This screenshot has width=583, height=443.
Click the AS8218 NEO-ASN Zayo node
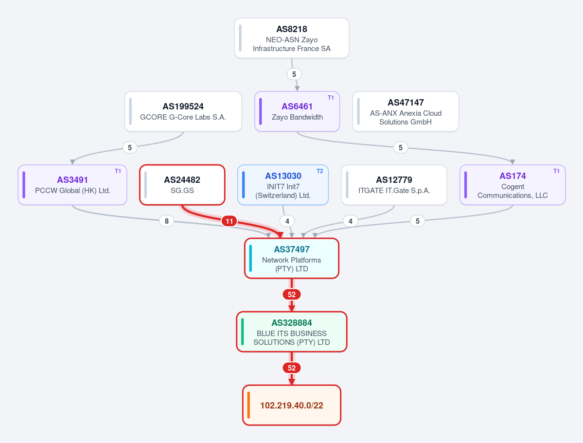pos(292,38)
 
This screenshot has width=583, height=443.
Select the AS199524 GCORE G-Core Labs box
pos(183,111)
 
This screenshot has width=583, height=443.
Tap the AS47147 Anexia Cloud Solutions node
pos(406,111)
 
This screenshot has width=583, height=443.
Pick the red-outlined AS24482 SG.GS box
pos(182,185)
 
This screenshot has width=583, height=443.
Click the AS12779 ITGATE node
pos(394,185)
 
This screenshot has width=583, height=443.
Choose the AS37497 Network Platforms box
pos(292,258)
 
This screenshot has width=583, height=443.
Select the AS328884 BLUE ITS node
pos(292,332)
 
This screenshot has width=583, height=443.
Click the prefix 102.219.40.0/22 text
pos(292,406)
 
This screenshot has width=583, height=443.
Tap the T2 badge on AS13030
pos(320,171)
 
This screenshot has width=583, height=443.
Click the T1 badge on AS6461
pos(331,98)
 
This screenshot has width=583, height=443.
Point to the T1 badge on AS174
pos(556,171)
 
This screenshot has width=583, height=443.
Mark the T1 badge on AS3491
pos(118,171)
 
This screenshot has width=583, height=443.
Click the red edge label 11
pos(230,221)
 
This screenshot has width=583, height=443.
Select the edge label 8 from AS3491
pos(167,221)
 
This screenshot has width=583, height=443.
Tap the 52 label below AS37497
pos(292,295)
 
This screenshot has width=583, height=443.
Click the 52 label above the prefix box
pos(292,368)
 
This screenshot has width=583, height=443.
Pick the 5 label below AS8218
pos(294,74)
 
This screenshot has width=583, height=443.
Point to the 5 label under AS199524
pos(130,148)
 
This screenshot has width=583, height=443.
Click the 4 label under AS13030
pos(287,221)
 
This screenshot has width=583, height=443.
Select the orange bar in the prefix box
pos(248,406)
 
